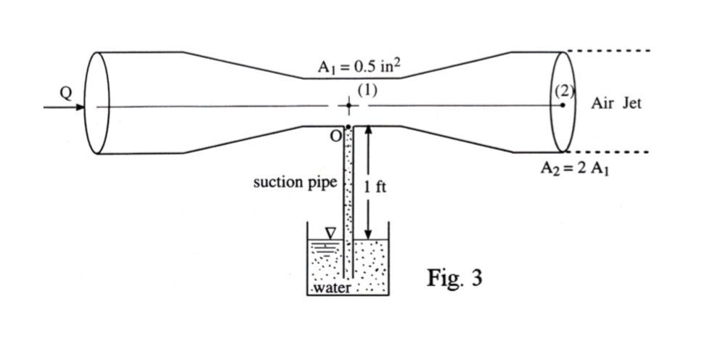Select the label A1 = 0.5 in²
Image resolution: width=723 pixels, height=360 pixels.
point(361,67)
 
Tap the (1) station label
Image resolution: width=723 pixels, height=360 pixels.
point(365,91)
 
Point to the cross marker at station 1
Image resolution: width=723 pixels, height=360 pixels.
point(349,107)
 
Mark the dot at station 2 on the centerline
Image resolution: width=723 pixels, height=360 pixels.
point(563,106)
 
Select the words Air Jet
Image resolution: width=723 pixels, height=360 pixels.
point(616,104)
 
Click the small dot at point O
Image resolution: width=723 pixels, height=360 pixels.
point(349,127)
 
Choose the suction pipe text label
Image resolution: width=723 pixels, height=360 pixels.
point(295,182)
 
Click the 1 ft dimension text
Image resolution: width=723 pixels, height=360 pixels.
point(375,187)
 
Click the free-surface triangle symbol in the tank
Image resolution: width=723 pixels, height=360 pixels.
point(330,233)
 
